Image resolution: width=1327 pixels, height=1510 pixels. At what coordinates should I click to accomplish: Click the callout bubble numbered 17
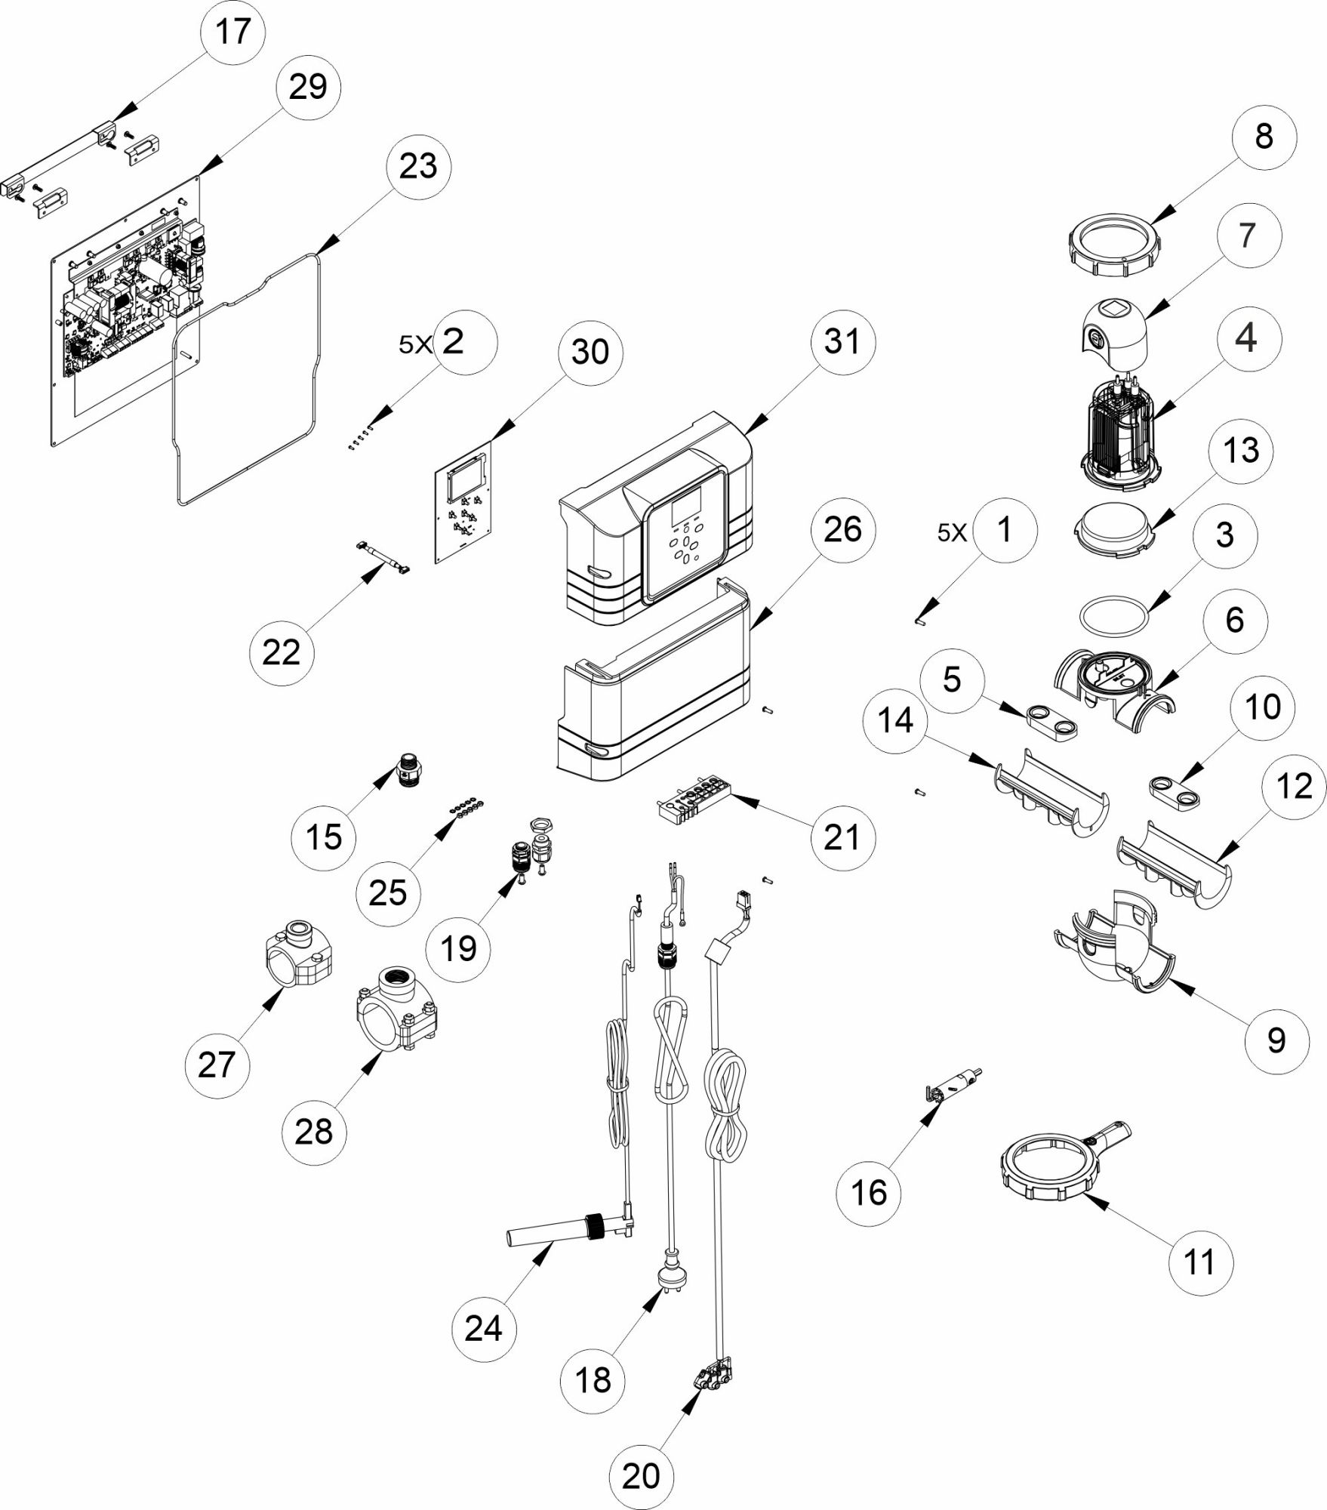point(232,32)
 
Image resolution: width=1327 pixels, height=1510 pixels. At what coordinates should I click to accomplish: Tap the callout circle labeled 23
point(418,166)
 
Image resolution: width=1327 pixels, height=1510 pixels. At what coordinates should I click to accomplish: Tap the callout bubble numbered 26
point(842,530)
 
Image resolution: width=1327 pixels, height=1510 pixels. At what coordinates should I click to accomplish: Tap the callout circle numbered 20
point(641,1476)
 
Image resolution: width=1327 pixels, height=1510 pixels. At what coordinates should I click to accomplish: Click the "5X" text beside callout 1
point(952,533)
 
